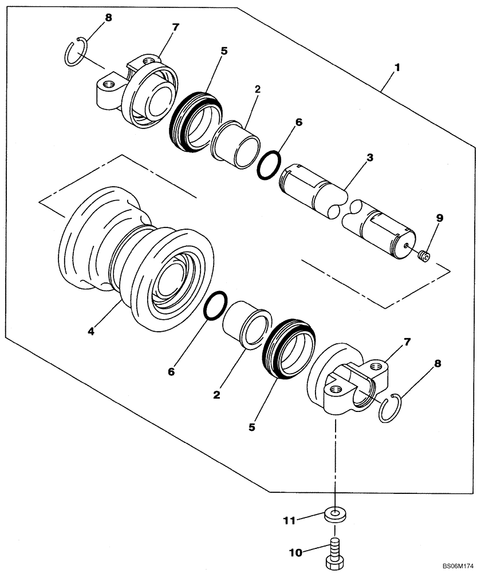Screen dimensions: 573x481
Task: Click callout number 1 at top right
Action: [x=396, y=67]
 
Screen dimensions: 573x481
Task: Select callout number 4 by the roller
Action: [x=92, y=331]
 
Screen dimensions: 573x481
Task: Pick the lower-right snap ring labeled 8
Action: [x=392, y=408]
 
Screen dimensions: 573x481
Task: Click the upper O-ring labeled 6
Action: [x=268, y=166]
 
